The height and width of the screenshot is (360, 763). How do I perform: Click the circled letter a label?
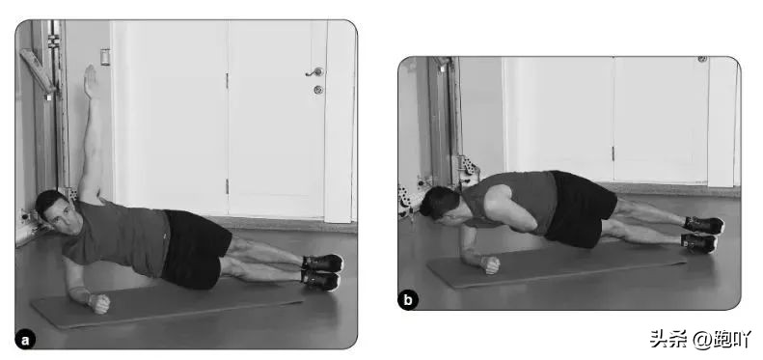(25, 340)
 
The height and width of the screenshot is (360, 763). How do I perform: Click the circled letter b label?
(408, 300)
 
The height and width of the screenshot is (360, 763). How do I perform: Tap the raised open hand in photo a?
(90, 81)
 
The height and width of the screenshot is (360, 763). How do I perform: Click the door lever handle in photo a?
(314, 72)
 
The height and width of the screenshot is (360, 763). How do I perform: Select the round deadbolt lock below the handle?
(318, 90)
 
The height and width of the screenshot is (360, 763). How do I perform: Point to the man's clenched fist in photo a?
(99, 303)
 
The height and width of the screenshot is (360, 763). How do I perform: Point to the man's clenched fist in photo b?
(490, 264)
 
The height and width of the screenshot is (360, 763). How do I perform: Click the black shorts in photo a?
(195, 247)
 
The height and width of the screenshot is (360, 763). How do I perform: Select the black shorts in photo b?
(579, 208)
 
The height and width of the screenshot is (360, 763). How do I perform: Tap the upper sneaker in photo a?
(322, 263)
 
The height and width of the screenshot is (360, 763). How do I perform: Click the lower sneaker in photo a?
(320, 280)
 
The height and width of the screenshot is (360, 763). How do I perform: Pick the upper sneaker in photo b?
(703, 225)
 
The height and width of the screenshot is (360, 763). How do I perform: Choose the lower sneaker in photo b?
(699, 242)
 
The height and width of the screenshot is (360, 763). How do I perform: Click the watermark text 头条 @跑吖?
(700, 339)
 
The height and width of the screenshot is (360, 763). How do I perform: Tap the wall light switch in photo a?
(105, 57)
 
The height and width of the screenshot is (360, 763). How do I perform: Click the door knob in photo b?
(702, 59)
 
